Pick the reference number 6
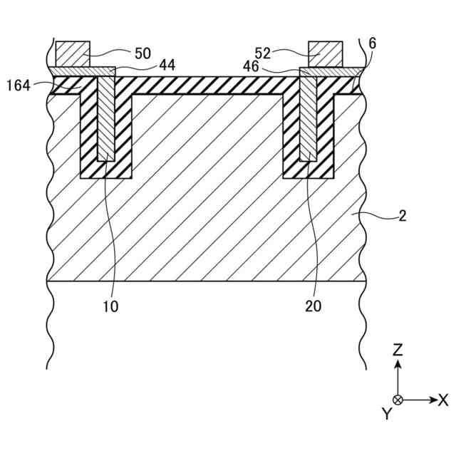373,43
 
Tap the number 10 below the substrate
110,307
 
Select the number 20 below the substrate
313,307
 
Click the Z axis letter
398,350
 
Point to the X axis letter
442,400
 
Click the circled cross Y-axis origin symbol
398,400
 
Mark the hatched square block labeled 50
73,53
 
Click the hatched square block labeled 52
326,53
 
